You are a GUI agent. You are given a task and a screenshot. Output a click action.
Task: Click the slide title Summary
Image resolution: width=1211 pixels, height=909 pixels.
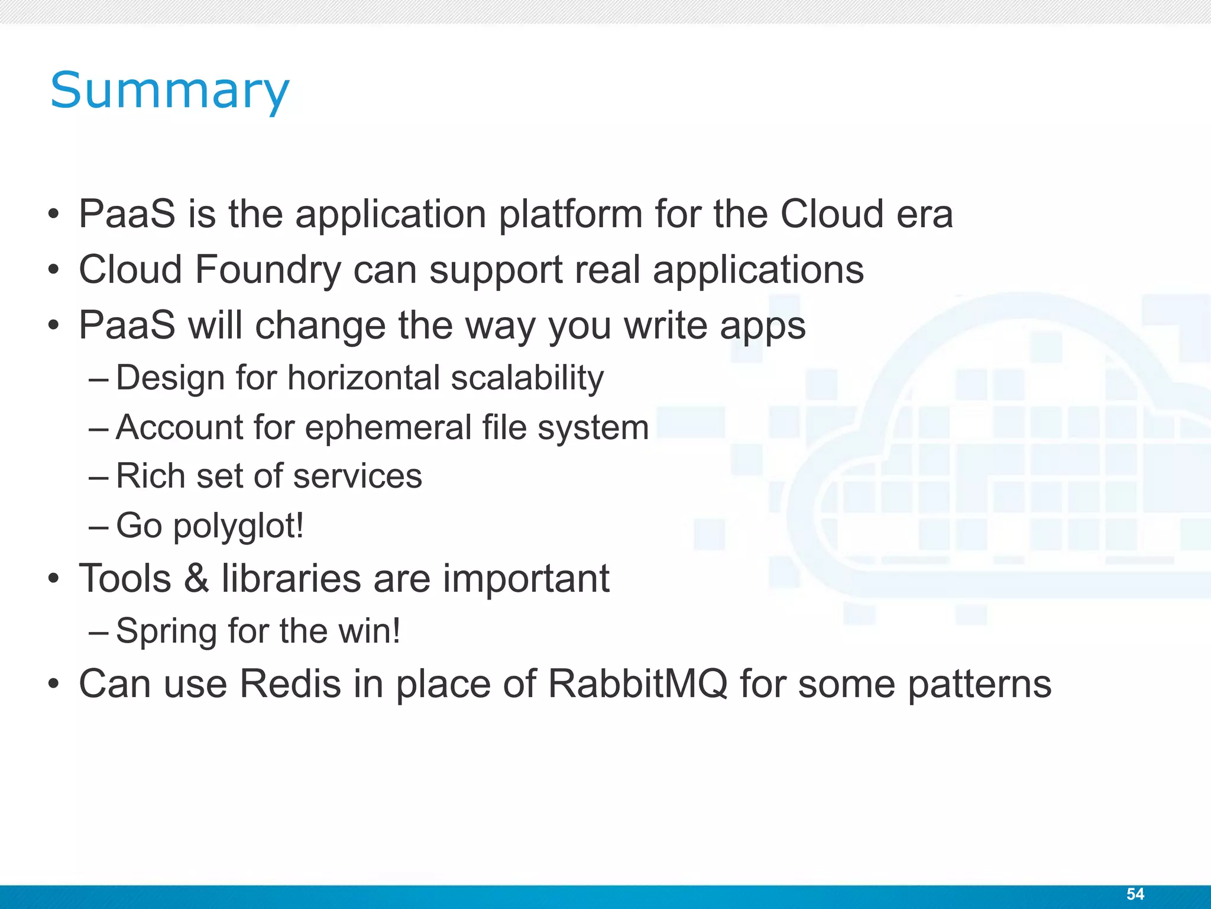click(170, 91)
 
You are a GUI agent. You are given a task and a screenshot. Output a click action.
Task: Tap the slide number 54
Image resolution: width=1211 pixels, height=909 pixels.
click(1135, 894)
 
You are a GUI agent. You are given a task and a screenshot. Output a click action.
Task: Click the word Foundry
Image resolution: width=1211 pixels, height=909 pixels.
click(268, 270)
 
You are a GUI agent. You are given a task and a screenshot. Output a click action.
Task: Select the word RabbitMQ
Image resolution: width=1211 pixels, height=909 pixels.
click(637, 684)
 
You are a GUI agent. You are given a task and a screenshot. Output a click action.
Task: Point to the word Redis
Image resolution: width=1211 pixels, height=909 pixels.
click(290, 684)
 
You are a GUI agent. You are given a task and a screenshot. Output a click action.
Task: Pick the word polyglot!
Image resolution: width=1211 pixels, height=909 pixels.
click(238, 526)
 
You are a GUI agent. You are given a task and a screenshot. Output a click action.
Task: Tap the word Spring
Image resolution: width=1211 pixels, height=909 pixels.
click(166, 631)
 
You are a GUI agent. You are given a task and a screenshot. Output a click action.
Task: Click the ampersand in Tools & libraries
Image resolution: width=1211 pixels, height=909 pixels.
click(196, 579)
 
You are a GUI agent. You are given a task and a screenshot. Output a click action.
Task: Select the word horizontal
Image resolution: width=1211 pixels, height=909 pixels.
click(364, 378)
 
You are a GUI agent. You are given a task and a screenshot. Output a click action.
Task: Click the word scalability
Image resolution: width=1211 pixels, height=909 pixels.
click(527, 379)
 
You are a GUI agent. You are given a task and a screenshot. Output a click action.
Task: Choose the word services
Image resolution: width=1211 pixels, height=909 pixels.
click(358, 476)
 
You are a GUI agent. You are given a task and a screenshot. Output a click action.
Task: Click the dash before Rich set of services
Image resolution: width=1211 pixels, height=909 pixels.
click(98, 476)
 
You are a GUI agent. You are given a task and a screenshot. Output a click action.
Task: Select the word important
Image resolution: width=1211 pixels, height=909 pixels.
click(526, 579)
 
